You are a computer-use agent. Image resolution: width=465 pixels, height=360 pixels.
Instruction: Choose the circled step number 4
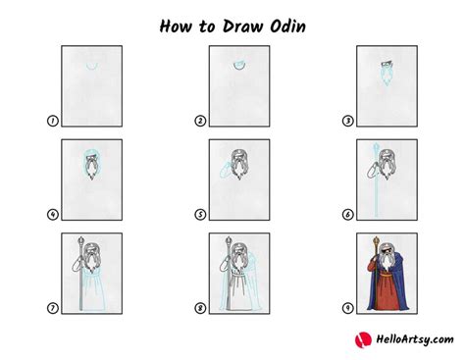tap(52, 215)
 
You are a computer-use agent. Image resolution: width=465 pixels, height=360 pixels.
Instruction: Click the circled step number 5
tap(200, 215)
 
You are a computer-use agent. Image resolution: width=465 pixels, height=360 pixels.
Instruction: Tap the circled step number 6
tap(347, 215)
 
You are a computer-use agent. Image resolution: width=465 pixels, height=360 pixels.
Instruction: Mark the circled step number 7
tap(52, 309)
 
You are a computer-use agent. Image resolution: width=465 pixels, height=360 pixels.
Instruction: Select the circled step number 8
tap(200, 309)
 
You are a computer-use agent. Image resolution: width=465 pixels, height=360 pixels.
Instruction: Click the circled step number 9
tap(347, 309)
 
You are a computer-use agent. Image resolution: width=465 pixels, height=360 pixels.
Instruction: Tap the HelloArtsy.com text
tap(404, 339)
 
